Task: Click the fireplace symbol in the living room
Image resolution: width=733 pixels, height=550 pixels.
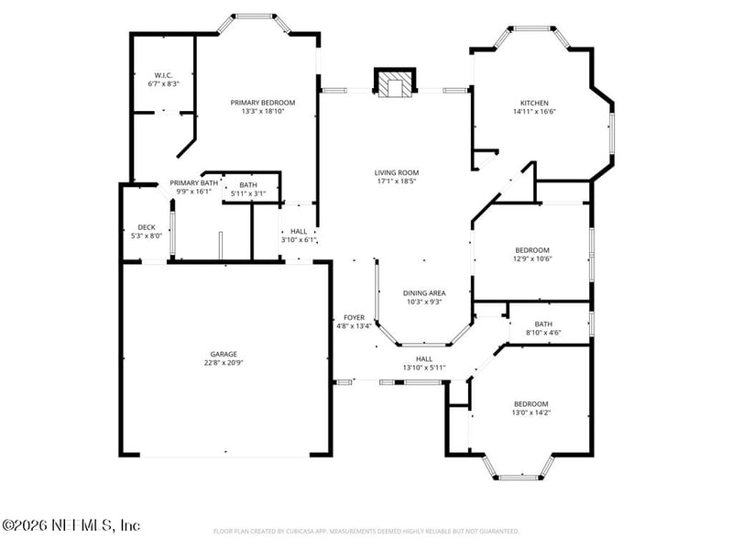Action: click(x=395, y=82)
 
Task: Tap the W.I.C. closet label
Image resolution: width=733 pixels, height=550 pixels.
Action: click(x=163, y=75)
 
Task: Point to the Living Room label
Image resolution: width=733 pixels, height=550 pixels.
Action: click(x=396, y=172)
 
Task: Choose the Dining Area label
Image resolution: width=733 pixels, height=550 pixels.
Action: click(x=424, y=292)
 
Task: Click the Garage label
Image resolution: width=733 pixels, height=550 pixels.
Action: click(x=224, y=354)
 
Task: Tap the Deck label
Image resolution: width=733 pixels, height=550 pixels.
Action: click(x=147, y=227)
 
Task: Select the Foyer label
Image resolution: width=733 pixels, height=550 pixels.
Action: click(x=354, y=317)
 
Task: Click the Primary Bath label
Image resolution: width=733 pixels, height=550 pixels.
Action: click(x=193, y=183)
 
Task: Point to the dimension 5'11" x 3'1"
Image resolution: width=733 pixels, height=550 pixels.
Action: click(x=247, y=192)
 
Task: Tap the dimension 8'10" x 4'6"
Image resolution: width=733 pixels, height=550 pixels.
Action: click(x=543, y=332)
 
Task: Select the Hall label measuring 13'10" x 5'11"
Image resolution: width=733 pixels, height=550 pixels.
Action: click(x=424, y=359)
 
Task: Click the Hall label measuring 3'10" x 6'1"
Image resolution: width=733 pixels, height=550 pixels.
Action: click(x=299, y=232)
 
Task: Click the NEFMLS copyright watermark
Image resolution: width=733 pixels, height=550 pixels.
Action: click(x=71, y=525)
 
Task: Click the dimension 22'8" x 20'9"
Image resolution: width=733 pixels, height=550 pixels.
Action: click(x=224, y=362)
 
